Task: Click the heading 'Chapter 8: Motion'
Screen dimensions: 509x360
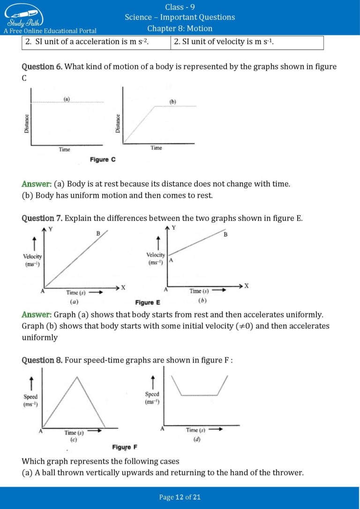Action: point(180,28)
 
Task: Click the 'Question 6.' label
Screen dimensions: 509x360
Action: point(42,67)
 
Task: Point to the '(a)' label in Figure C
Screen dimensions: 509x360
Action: point(67,99)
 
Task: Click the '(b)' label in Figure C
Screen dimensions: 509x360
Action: point(172,102)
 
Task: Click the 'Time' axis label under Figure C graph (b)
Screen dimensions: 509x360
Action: point(156,148)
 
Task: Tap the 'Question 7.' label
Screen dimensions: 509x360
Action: point(42,218)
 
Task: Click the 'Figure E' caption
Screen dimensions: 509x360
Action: point(148,303)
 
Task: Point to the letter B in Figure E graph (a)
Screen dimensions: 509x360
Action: point(98,233)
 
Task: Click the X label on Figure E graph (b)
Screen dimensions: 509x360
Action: point(246,286)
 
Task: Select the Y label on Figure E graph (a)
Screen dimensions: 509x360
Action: point(50,229)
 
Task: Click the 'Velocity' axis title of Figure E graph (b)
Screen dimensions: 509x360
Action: point(156,255)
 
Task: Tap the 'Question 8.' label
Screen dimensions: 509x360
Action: point(42,360)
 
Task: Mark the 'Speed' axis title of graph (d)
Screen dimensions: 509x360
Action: point(152,395)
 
